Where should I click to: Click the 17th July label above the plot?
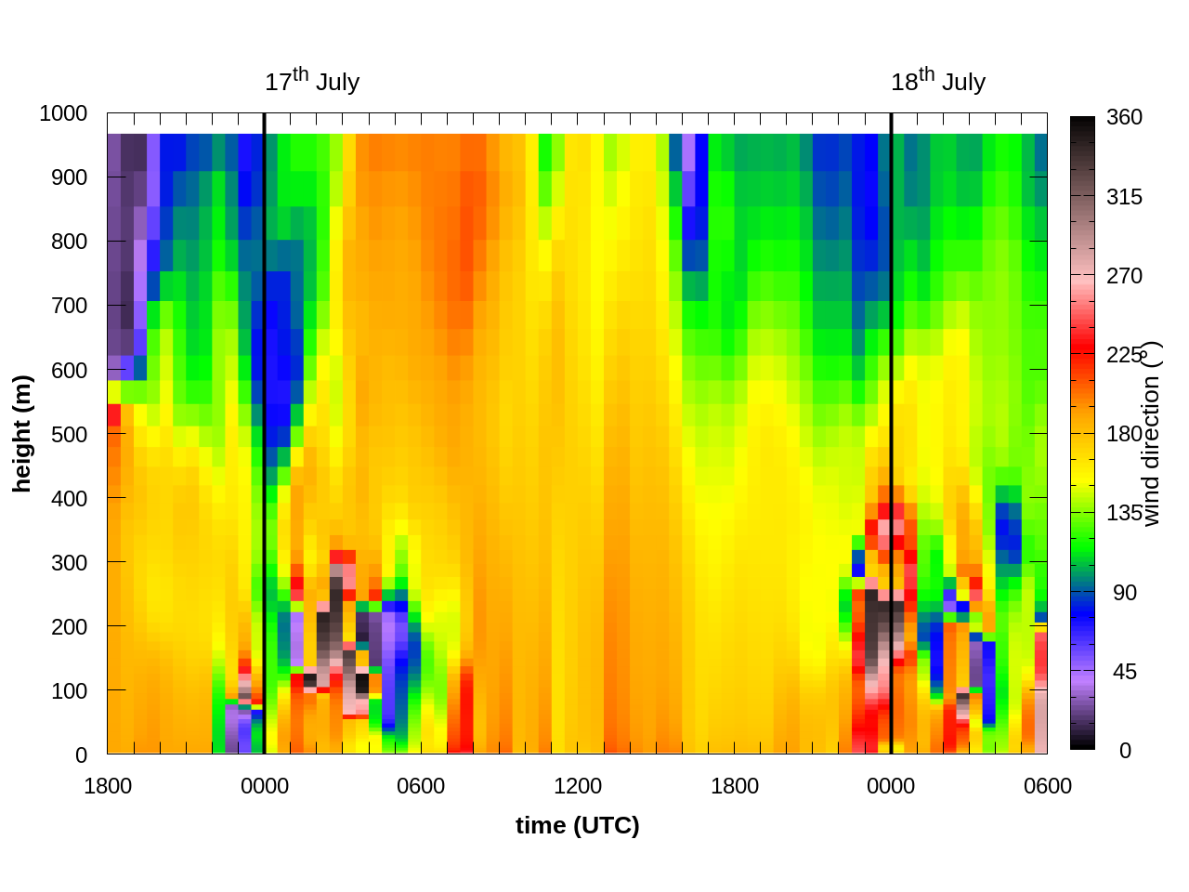[312, 82]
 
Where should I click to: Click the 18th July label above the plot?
[938, 82]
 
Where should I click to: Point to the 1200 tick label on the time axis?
[578, 787]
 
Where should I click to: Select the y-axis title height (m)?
[22, 434]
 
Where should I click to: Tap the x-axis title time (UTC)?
[578, 826]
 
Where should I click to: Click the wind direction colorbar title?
[1152, 434]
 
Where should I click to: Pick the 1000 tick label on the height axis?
[63, 113]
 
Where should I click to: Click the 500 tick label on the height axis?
[69, 434]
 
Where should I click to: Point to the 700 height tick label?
[69, 306]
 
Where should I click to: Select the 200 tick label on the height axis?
[69, 626]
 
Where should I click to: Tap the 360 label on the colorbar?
[1124, 117]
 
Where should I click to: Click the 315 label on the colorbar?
[1124, 197]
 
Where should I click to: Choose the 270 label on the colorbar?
[1124, 276]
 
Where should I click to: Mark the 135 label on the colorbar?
[1124, 514]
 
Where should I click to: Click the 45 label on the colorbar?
[1124, 672]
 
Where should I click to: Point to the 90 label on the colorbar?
[1124, 593]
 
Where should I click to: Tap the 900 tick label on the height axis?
[69, 177]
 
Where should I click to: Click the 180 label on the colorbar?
[1124, 435]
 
